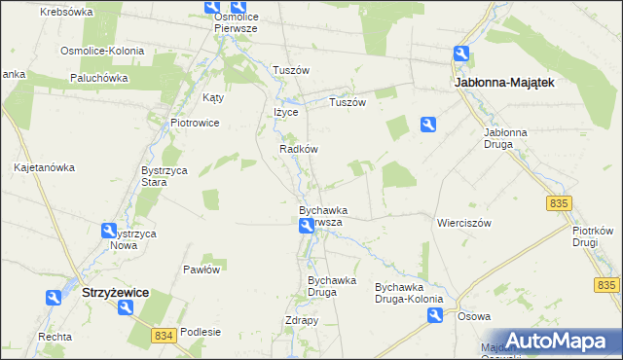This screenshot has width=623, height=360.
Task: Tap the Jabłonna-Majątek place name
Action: [504, 84]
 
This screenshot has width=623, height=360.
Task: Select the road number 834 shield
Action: [164, 335]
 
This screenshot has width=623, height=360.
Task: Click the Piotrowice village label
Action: [195, 124]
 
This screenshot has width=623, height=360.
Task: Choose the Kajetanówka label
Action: [44, 167]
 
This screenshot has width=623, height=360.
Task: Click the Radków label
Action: [299, 150]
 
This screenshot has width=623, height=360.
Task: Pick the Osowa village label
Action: [474, 316]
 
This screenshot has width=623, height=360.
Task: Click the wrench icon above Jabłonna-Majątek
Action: [462, 55]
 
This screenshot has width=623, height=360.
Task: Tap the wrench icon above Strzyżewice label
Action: [126, 308]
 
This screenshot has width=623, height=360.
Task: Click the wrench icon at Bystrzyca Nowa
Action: [109, 231]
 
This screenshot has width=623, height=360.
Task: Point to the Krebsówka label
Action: [67, 12]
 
